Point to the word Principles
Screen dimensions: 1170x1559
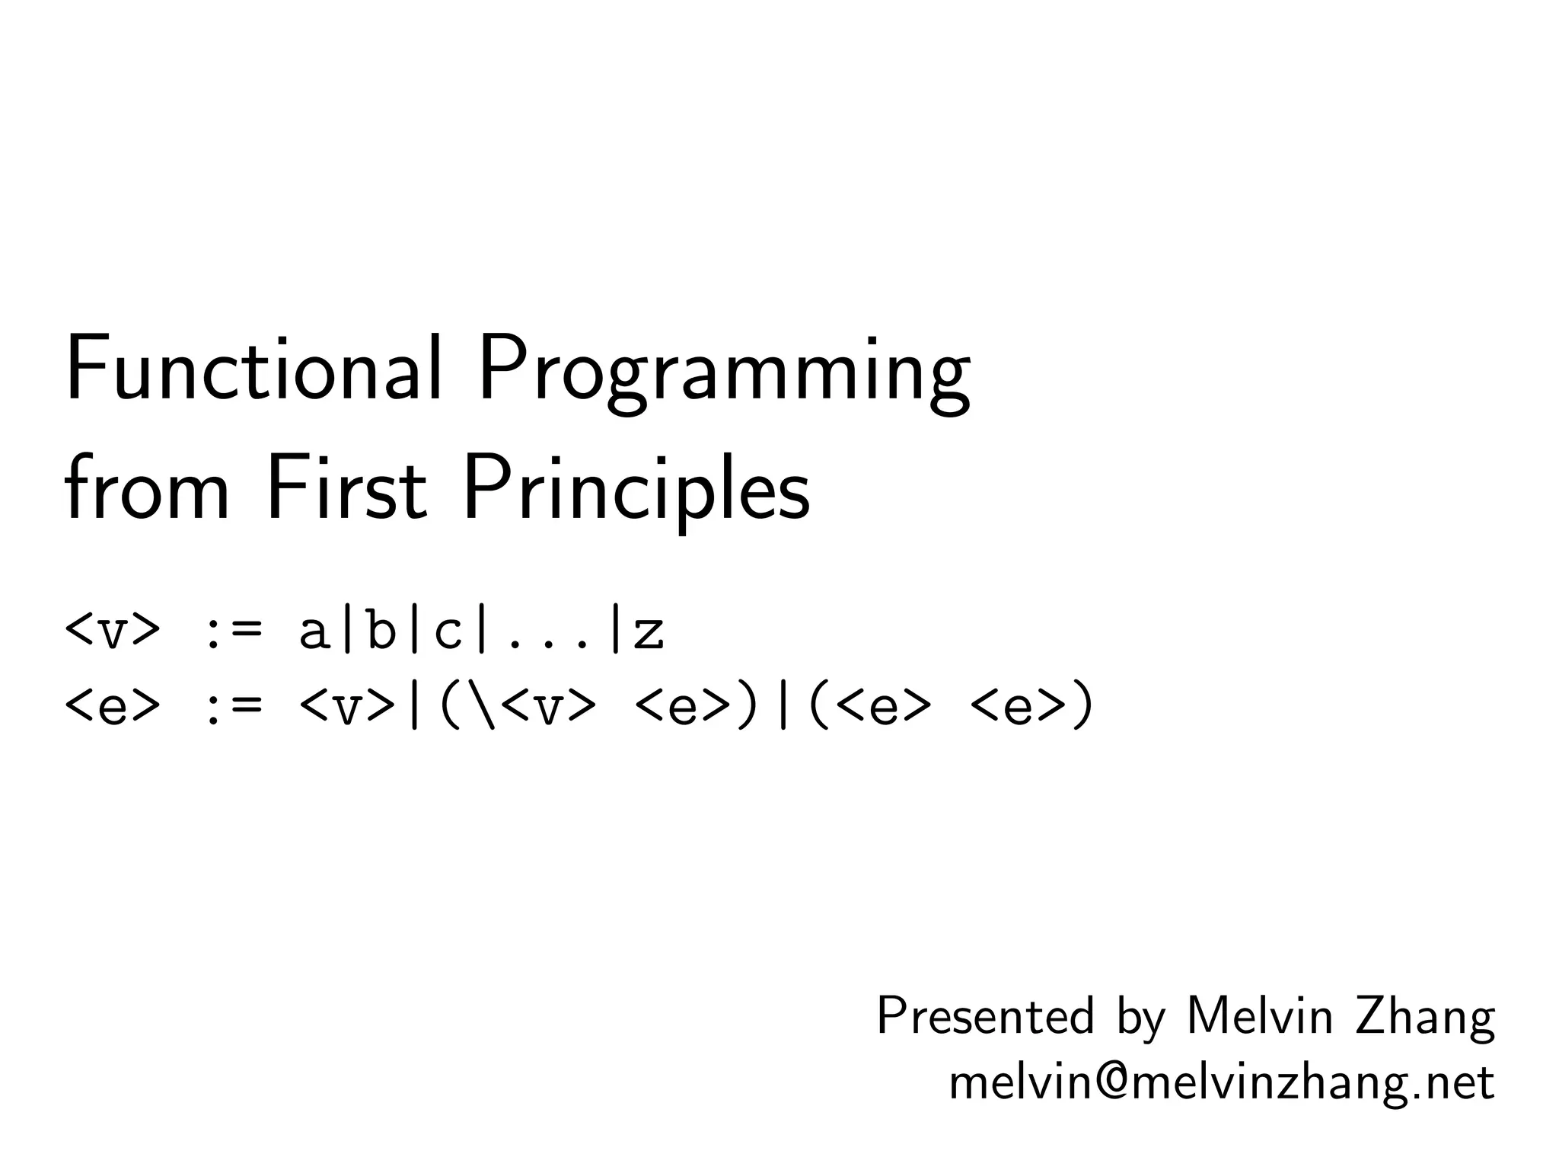tap(636, 494)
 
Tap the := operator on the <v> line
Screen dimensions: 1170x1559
tap(232, 631)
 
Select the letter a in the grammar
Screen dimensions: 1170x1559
tap(313, 632)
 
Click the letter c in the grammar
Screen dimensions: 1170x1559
tap(448, 632)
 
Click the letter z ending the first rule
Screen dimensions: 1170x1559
tap(649, 632)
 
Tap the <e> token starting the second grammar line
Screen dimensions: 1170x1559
tap(113, 706)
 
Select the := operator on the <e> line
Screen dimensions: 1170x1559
tap(232, 708)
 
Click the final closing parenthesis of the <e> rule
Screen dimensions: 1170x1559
tap(1082, 706)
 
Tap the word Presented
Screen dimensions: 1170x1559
tap(985, 1016)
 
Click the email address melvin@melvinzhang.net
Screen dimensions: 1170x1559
tap(1221, 1082)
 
